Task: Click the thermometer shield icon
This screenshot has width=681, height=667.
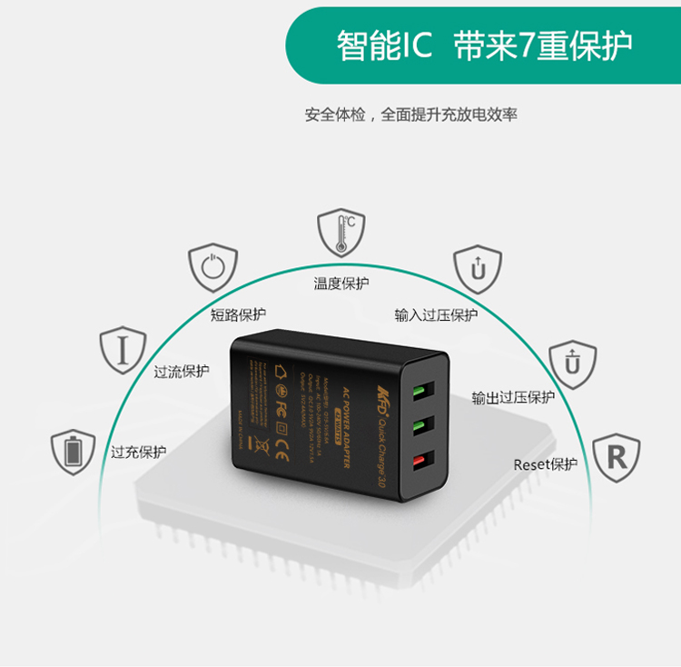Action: pos(340,234)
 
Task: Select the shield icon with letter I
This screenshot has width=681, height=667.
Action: pos(123,349)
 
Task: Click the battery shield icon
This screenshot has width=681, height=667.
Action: pos(74,452)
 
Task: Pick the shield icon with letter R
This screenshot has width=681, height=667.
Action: pos(616,457)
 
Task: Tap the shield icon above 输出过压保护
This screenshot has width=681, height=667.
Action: pos(572,363)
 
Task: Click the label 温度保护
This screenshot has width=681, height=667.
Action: pos(341,284)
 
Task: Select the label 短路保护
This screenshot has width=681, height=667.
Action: pos(238,314)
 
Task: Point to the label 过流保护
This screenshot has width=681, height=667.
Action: pos(181,371)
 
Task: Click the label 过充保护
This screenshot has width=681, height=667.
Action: pos(138,452)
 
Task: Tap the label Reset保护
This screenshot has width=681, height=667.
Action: pos(545,464)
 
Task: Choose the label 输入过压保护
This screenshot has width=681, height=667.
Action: pos(436,315)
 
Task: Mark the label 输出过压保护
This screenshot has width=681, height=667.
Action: pos(513,397)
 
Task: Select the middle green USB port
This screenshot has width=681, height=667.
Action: pos(420,427)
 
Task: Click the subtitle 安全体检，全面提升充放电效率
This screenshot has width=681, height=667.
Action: pos(411,115)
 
